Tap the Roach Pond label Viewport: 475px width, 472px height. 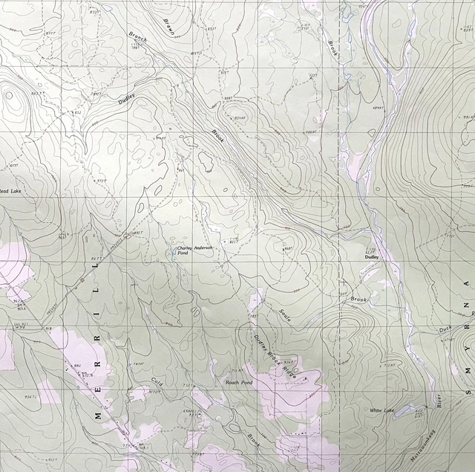click(238, 382)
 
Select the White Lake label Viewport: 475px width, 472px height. click(381, 410)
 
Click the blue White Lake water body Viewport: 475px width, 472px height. click(404, 410)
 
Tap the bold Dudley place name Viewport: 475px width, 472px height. click(371, 257)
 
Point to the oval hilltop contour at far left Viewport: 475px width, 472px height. click(9, 95)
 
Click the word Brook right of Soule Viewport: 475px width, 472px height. click(358, 300)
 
